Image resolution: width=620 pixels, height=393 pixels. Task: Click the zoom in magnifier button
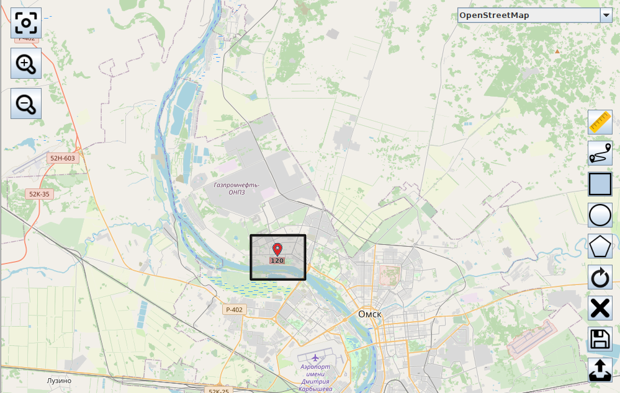pos(26,63)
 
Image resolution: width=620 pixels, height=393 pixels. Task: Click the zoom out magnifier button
pos(26,104)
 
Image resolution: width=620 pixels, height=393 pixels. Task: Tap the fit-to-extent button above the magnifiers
pos(26,24)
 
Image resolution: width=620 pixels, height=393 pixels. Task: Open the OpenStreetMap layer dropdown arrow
pos(606,15)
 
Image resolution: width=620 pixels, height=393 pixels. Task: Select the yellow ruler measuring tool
pos(600,122)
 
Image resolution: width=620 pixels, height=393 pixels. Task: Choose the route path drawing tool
pos(600,153)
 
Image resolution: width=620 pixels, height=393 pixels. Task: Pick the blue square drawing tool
pos(600,184)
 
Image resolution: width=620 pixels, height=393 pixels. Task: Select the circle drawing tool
pos(600,215)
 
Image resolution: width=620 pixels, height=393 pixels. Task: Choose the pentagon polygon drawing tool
pos(600,246)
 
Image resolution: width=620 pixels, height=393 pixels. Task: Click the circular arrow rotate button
pos(600,277)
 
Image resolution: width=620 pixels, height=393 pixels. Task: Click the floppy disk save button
pos(600,339)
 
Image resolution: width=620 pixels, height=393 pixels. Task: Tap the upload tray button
pos(600,370)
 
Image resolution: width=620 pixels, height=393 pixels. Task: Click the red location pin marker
pos(277,249)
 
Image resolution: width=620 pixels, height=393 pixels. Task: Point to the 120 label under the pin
pos(277,261)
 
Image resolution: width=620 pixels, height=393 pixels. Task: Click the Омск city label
pos(370,314)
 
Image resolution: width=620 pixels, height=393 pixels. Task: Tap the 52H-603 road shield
pos(63,158)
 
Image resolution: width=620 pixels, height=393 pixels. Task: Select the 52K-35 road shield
pos(39,194)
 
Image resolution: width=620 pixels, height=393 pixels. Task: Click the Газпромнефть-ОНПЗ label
pos(236,188)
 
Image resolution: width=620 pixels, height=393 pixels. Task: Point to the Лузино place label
pos(59,381)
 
